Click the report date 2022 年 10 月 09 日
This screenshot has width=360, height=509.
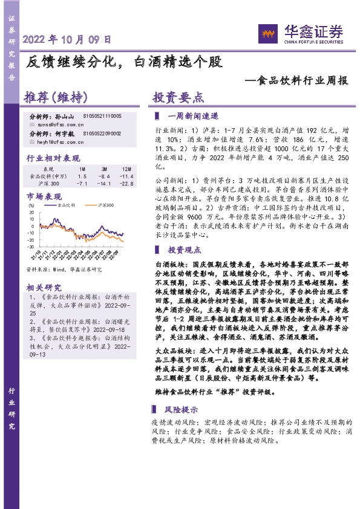coord(67,41)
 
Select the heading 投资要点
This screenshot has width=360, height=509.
coord(178,98)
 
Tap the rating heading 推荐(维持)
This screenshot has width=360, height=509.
coord(56,98)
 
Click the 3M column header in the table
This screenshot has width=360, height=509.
coord(105,169)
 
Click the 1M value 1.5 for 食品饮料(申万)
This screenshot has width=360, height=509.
coord(83,176)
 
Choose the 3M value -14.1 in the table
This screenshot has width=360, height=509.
coord(104,183)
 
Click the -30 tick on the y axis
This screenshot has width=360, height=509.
coord(30,246)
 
